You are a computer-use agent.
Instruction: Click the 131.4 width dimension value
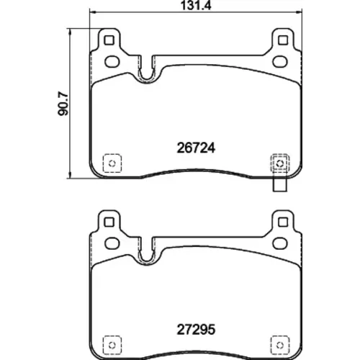[196, 6]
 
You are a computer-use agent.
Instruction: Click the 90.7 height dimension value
[63, 104]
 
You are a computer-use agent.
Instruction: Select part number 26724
[196, 148]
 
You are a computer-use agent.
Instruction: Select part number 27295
[196, 330]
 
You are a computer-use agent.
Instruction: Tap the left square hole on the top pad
[109, 40]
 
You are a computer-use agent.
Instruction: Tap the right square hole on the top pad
[283, 40]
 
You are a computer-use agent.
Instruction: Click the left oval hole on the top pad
[112, 61]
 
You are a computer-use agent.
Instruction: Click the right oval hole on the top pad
[280, 61]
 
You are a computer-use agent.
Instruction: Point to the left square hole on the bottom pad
[109, 222]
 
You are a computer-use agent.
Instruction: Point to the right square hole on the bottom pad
[283, 222]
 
